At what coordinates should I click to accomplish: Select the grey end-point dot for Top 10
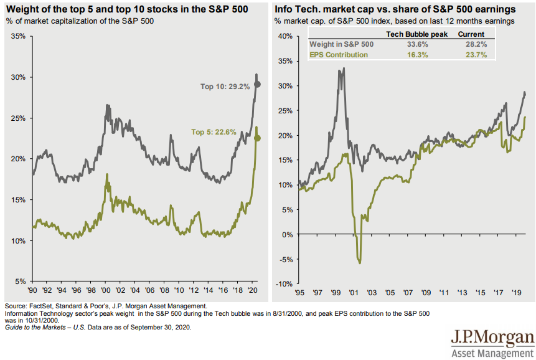(258, 84)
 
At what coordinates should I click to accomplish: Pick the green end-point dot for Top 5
(258, 138)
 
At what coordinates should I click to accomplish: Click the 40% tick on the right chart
(284, 36)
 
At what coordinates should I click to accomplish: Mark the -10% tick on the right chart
(283, 284)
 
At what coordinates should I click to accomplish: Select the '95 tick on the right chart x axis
(300, 291)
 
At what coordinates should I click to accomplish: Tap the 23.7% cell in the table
(471, 55)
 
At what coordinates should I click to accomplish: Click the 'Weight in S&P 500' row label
(341, 45)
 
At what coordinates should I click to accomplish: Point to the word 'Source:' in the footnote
(16, 306)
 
